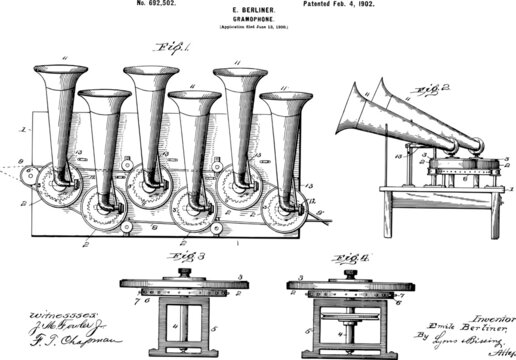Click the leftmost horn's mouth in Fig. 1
point(60,73)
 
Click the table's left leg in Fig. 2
point(385,212)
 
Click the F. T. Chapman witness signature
point(48,339)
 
